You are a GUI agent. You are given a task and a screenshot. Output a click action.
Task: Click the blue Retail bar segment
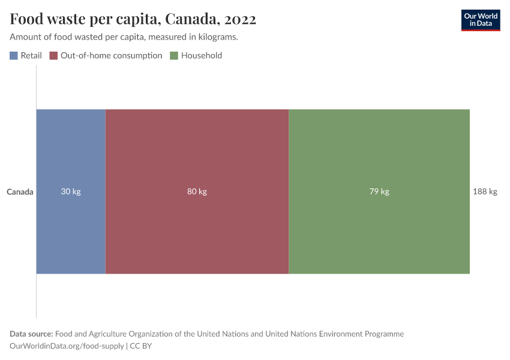71,156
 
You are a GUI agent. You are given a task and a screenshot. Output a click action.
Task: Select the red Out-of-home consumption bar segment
197,156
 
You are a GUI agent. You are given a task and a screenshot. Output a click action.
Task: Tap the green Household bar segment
379,156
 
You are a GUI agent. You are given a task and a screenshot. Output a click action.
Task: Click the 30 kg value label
71,192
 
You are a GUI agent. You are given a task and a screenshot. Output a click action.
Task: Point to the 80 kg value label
197,192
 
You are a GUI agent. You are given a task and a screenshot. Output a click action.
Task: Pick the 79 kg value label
379,192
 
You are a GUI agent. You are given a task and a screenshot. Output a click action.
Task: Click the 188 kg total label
485,192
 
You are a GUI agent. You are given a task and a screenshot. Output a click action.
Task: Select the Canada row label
20,192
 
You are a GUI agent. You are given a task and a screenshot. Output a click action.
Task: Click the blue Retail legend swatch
14,56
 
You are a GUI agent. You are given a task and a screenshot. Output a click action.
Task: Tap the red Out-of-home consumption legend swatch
53,56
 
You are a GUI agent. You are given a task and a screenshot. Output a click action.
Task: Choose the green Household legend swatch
174,56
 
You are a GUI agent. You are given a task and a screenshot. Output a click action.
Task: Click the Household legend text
202,56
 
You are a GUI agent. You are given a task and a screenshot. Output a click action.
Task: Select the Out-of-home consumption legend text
112,56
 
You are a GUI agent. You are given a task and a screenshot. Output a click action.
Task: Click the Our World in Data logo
480,20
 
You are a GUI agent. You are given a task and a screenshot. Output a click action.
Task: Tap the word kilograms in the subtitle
218,37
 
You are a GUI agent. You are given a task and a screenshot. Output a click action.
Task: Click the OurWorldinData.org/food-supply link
67,346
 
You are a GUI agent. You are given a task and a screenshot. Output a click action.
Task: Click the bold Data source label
31,334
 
